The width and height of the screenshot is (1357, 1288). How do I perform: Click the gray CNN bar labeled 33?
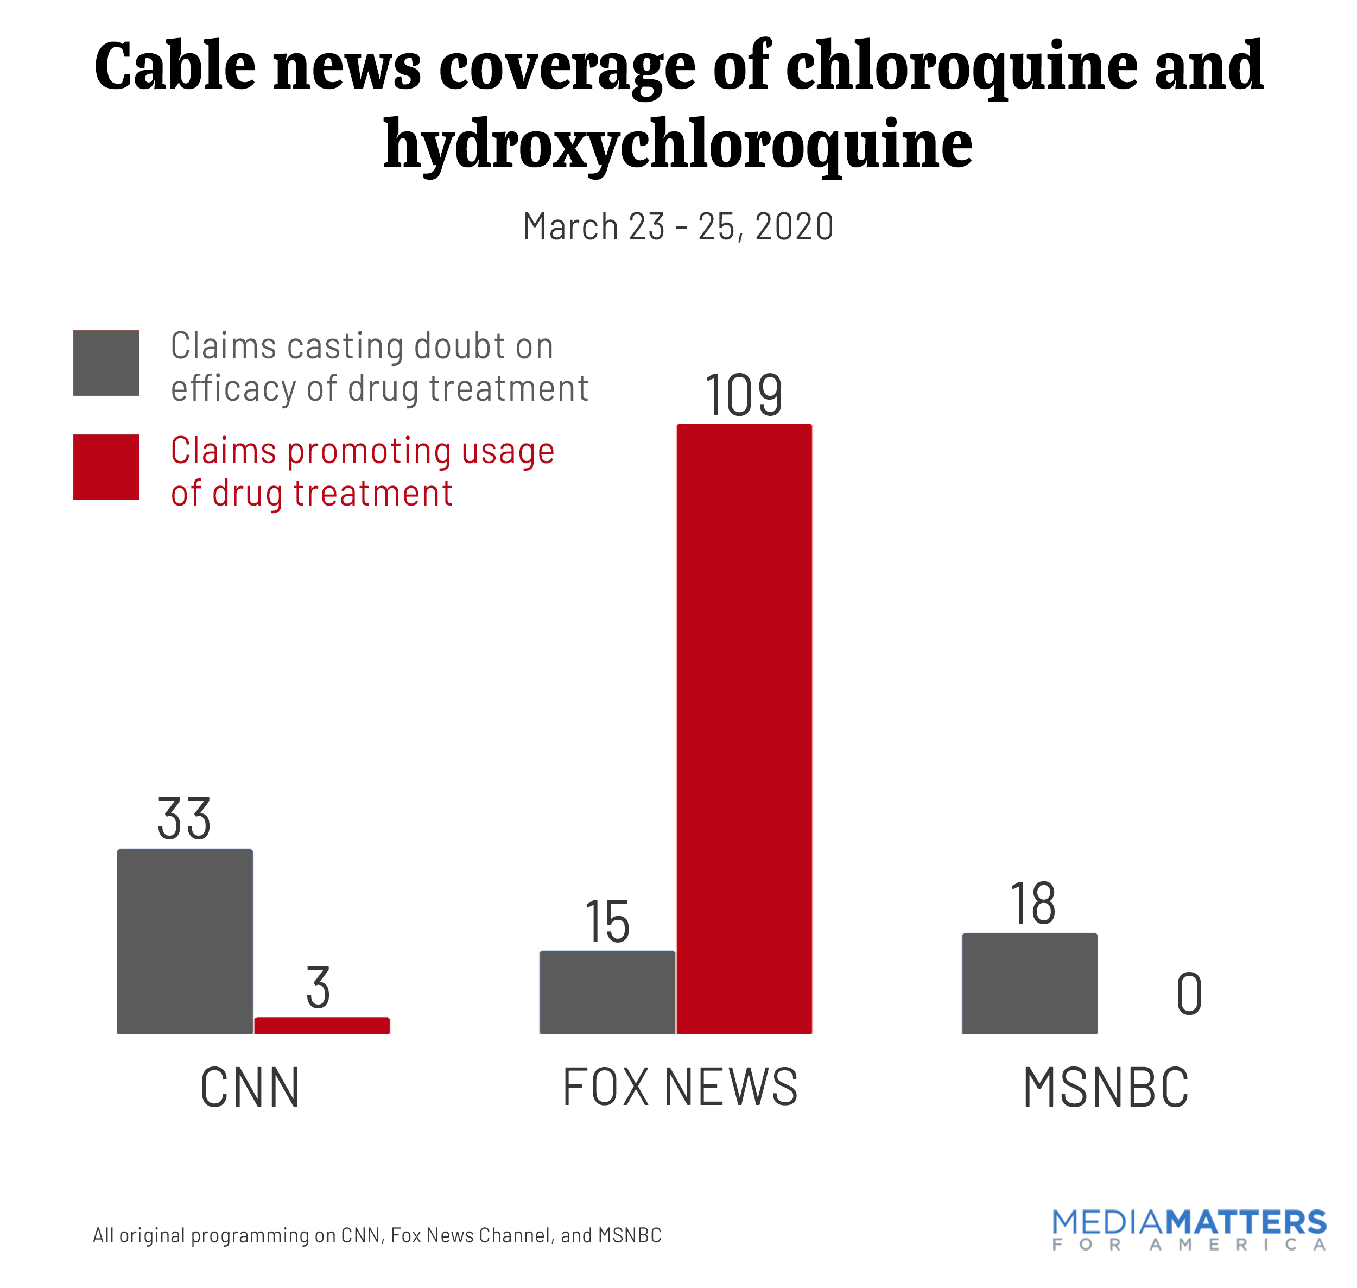[x=185, y=940]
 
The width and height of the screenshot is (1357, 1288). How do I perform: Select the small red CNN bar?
[x=322, y=1025]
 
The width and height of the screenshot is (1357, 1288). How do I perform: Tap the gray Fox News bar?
[x=607, y=992]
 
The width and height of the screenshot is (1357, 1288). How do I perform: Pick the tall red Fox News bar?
[x=744, y=728]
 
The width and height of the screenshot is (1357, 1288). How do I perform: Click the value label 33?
[x=184, y=818]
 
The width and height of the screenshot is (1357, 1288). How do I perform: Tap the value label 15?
[x=607, y=921]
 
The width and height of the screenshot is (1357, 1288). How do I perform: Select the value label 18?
[x=1032, y=904]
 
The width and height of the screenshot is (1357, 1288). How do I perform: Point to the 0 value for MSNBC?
[x=1189, y=994]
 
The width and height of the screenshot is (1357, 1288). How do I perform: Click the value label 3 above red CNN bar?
[x=318, y=987]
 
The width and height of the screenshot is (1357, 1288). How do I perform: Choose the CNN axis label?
[x=250, y=1088]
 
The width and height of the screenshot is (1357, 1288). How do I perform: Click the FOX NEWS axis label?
[x=680, y=1088]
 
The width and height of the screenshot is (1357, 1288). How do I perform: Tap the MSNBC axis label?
[x=1105, y=1088]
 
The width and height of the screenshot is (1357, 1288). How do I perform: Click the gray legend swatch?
[x=106, y=363]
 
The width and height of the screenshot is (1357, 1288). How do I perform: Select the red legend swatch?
[x=106, y=467]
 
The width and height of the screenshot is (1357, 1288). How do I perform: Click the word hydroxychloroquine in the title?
[x=678, y=144]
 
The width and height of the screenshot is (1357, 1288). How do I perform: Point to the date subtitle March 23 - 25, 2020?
[x=678, y=226]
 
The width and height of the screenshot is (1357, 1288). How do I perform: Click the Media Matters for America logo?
[x=1188, y=1229]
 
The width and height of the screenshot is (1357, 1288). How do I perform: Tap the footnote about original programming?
[x=377, y=1235]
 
